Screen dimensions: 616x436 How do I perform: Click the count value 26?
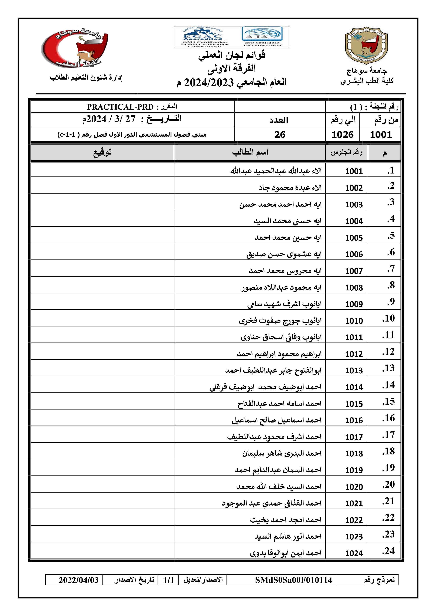(x=280, y=134)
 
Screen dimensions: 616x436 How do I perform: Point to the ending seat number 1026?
(x=342, y=134)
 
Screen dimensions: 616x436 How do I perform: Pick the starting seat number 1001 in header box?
(x=381, y=134)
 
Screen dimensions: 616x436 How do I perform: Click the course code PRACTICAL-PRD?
(x=120, y=107)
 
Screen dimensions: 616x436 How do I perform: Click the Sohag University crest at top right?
(x=366, y=46)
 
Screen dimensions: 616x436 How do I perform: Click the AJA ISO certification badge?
(x=262, y=37)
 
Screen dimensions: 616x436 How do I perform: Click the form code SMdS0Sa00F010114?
(x=293, y=580)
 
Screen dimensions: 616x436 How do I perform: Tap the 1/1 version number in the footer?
(x=169, y=580)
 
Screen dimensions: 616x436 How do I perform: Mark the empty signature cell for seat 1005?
(x=103, y=235)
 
